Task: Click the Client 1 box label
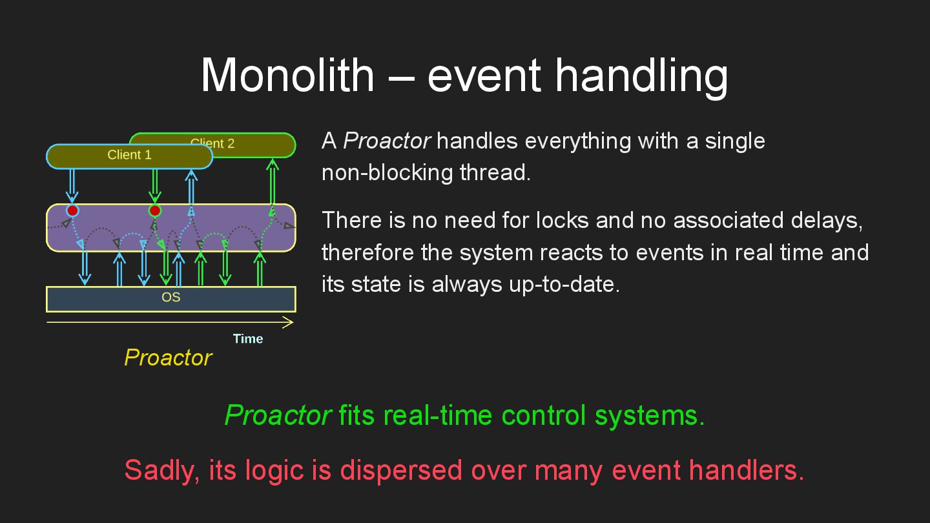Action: pos(129,155)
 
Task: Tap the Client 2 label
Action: pos(212,143)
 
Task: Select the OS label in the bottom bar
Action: pos(170,297)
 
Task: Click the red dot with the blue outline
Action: pos(72,211)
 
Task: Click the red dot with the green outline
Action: pos(155,211)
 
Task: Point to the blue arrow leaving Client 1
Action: pos(72,185)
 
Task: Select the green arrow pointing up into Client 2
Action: pos(273,181)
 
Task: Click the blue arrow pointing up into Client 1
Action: pos(191,187)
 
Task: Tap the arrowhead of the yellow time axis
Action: pos(293,322)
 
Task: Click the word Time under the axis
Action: pos(248,339)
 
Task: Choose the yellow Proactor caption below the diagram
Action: pos(168,358)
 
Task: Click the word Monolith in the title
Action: pos(288,76)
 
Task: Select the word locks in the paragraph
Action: pos(562,220)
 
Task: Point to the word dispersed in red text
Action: pos(401,471)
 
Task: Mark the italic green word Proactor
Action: pos(278,415)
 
